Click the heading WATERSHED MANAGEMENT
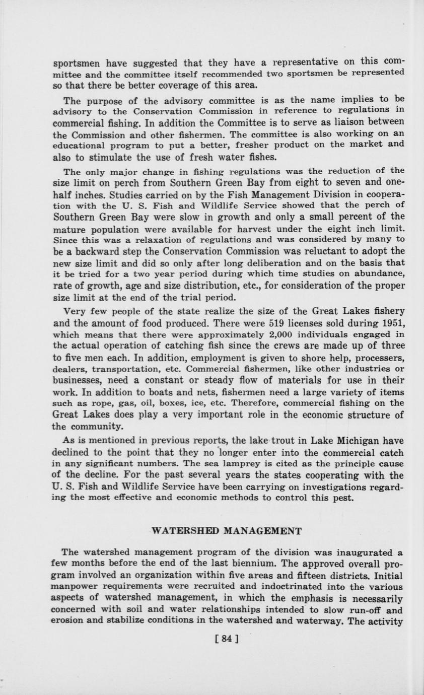tap(227, 531)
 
